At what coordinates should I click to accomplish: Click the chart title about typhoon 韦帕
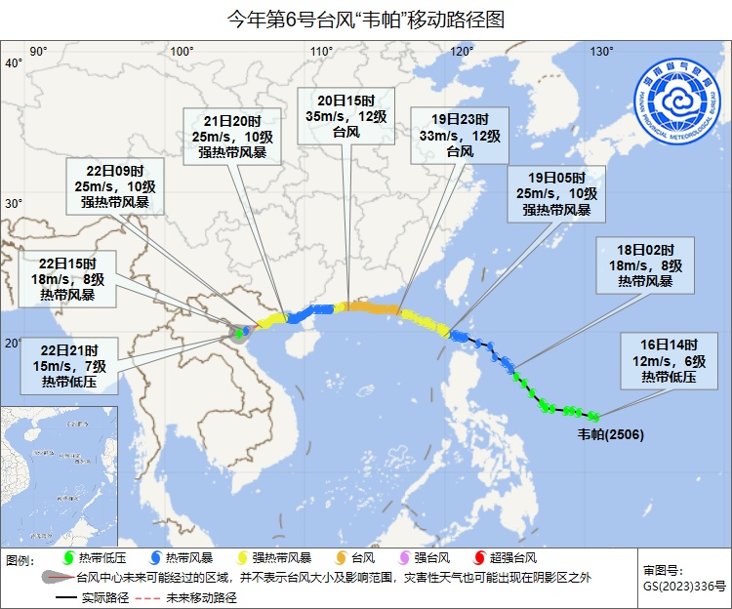366,20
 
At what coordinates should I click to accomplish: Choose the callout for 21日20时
239,136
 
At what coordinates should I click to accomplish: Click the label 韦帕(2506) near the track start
611,433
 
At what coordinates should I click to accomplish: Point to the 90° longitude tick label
39,52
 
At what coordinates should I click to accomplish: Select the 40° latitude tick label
14,63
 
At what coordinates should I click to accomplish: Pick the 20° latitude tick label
14,343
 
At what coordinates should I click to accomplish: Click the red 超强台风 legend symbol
479,558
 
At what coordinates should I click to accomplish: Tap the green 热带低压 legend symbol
68,558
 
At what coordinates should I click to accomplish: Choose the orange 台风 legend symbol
341,558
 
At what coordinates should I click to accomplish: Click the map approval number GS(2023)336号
684,587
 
